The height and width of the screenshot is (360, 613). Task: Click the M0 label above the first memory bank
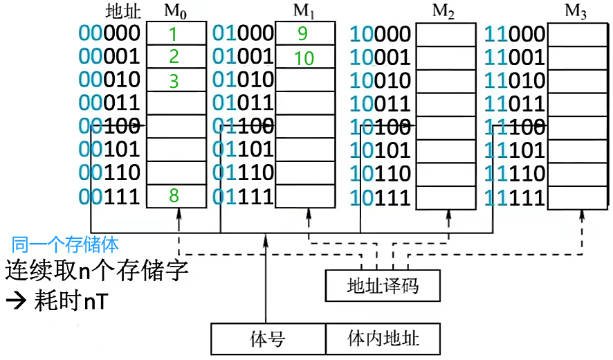176,12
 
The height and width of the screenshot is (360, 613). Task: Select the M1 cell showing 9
304,33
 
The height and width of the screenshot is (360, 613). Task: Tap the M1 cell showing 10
304,57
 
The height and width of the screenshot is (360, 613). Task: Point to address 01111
243,197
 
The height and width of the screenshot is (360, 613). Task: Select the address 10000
381,35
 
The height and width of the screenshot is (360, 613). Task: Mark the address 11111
515,198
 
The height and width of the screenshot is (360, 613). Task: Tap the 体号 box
268,339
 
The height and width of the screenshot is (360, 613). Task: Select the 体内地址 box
383,339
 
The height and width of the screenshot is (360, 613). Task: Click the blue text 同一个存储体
66,244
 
